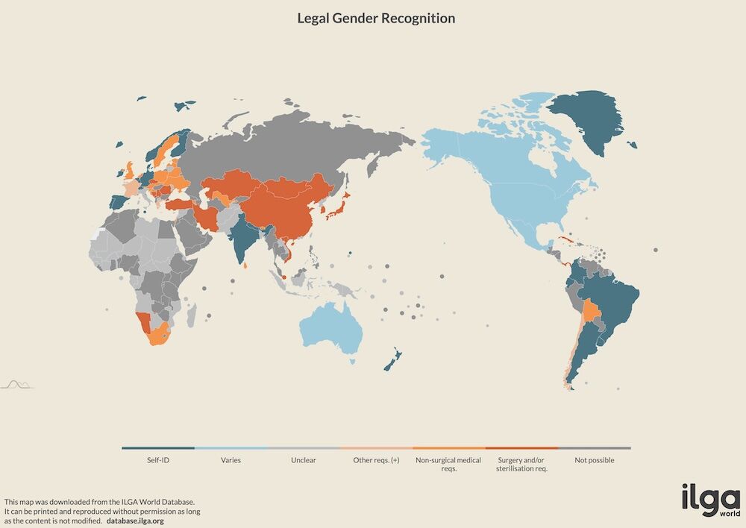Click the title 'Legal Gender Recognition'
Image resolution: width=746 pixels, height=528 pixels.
376,19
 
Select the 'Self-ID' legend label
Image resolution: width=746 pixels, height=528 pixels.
158,460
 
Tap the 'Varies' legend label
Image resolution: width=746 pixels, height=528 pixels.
231,460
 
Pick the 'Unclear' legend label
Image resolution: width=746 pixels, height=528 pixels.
303,460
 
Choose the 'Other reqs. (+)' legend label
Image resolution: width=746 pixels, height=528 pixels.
376,460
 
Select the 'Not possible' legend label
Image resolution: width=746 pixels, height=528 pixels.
594,460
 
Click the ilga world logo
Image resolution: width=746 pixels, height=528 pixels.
709,501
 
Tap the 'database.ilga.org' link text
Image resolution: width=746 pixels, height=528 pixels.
135,521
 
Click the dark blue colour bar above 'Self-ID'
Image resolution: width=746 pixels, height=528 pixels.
158,448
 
